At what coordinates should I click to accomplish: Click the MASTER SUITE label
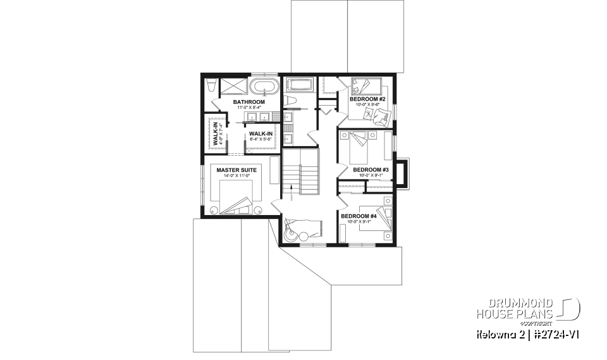pos(235,170)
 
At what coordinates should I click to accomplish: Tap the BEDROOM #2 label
pos(367,99)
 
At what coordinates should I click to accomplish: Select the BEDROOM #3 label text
pos(370,170)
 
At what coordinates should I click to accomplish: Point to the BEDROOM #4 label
pos(359,216)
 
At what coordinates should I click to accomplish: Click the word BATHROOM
pos(248,102)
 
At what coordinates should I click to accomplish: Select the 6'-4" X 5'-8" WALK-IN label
pos(261,133)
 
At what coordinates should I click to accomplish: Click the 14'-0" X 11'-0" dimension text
pos(235,177)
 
